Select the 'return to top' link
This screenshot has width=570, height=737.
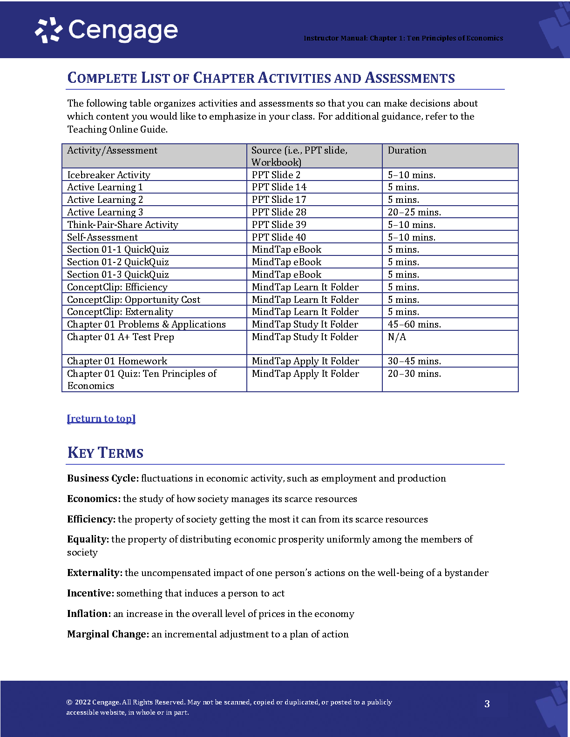[x=101, y=419]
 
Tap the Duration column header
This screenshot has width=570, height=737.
[x=407, y=150]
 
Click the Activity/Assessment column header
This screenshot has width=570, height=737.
[x=112, y=150]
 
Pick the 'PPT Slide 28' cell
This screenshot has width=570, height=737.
[x=279, y=212]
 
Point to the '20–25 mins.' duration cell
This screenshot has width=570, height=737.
[x=414, y=212]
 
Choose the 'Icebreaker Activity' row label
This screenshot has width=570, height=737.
[x=109, y=175]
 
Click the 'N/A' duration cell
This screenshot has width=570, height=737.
[x=397, y=337]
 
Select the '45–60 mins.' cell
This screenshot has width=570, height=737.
[x=414, y=324]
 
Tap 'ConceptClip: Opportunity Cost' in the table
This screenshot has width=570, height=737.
[x=134, y=300]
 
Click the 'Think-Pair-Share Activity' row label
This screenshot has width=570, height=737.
[x=122, y=225]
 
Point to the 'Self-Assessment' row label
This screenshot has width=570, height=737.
[x=102, y=237]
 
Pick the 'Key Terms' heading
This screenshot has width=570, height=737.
[x=105, y=453]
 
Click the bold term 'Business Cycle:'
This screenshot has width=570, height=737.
[x=103, y=478]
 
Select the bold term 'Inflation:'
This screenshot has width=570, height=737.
[x=89, y=614]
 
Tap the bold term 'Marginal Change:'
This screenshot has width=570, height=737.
[x=108, y=634]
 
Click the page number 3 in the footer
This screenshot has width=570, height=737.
[x=487, y=703]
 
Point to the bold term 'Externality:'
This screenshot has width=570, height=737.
[x=95, y=573]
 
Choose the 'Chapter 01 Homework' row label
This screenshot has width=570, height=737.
[x=117, y=361]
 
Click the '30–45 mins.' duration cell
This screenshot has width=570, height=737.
[x=414, y=361]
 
